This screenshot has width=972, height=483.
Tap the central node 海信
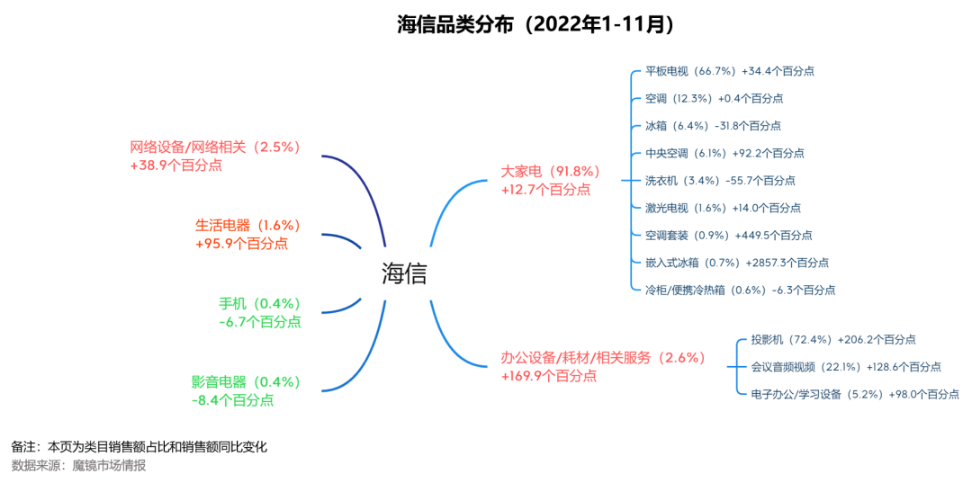click(x=404, y=273)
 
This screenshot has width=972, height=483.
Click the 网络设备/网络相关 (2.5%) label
click(x=215, y=148)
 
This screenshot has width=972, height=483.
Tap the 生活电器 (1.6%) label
click(x=248, y=225)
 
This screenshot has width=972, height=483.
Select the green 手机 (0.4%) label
click(x=260, y=303)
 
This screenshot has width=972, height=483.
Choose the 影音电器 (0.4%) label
click(x=247, y=381)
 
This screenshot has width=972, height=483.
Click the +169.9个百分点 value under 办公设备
click(x=549, y=375)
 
